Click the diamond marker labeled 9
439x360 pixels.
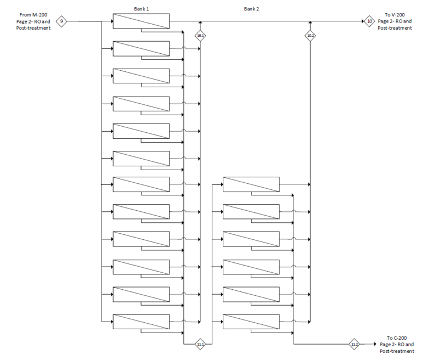[62, 21]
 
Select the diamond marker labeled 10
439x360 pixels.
[369, 21]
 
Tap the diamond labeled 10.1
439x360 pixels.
[200, 36]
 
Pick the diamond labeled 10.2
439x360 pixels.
[310, 36]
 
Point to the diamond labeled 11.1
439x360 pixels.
[200, 344]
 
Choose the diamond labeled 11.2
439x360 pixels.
[354, 344]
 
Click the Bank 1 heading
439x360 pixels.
[141, 9]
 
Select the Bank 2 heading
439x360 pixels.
[251, 9]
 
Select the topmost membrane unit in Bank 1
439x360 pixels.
[141, 21]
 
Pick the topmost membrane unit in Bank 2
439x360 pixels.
[251, 184]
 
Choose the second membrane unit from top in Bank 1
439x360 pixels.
[141, 49]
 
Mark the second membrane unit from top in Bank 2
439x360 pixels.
[251, 212]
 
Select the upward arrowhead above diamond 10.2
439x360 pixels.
[310, 24]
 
